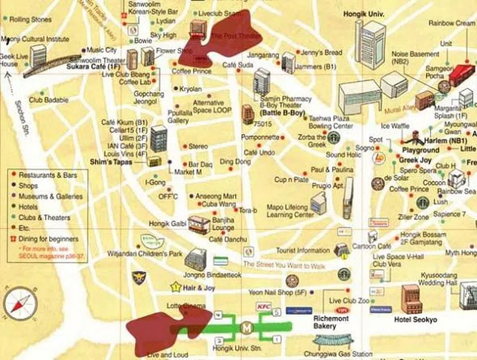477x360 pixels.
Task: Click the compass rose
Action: click(x=20, y=304)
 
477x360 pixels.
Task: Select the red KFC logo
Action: click(x=264, y=306)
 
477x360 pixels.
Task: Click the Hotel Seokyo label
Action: click(x=415, y=320)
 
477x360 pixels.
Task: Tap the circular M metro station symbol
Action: click(x=247, y=328)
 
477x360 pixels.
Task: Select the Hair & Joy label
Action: click(x=198, y=287)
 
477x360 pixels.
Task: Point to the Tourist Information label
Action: click(x=303, y=251)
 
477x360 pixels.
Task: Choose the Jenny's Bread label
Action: click(x=321, y=52)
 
